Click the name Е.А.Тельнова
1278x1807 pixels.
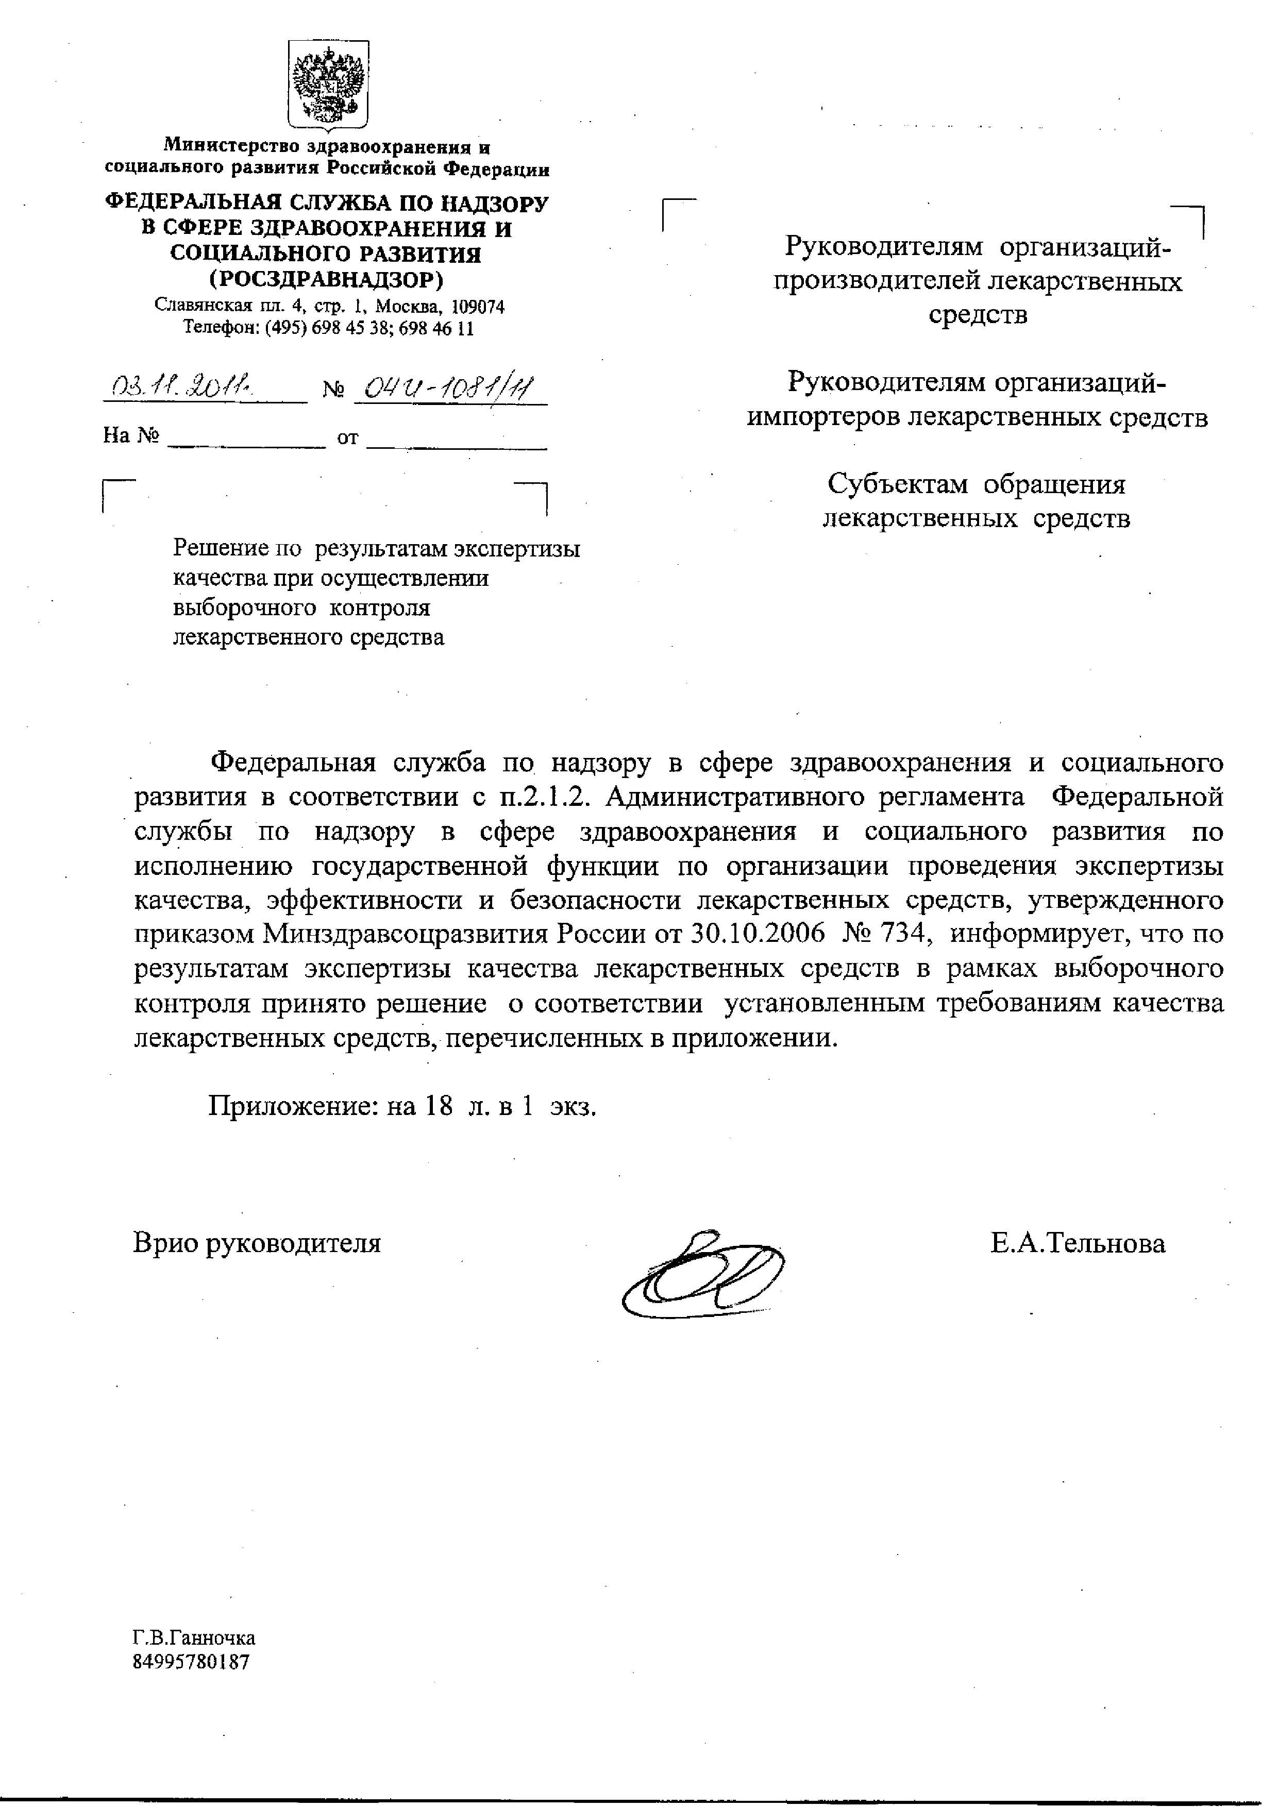coord(1078,1243)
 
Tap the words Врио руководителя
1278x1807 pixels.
coord(257,1243)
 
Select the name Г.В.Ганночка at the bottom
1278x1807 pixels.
coord(194,1639)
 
